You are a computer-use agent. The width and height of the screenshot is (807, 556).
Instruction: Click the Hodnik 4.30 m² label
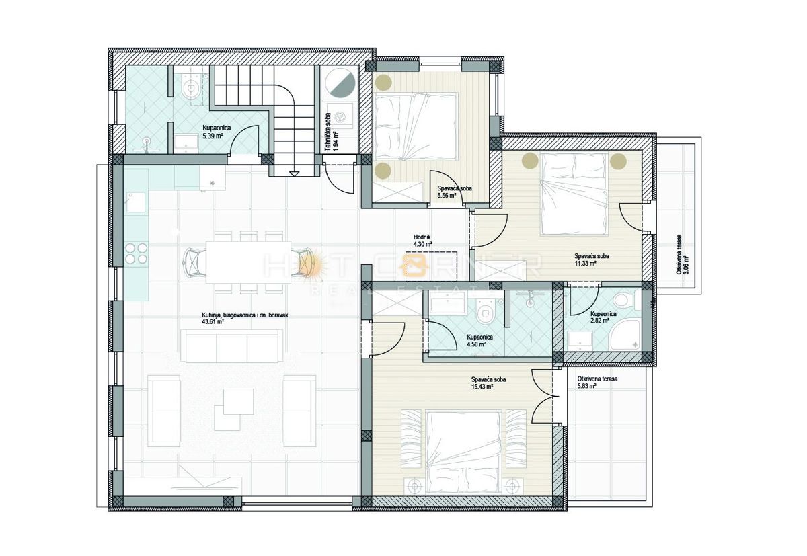(422, 241)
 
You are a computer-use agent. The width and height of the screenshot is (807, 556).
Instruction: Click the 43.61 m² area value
(213, 321)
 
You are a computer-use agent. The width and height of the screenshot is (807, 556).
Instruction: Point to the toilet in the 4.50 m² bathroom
(484, 312)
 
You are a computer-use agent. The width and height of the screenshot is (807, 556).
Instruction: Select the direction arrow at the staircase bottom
(294, 173)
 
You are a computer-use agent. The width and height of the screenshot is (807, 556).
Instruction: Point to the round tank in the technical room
(341, 83)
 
